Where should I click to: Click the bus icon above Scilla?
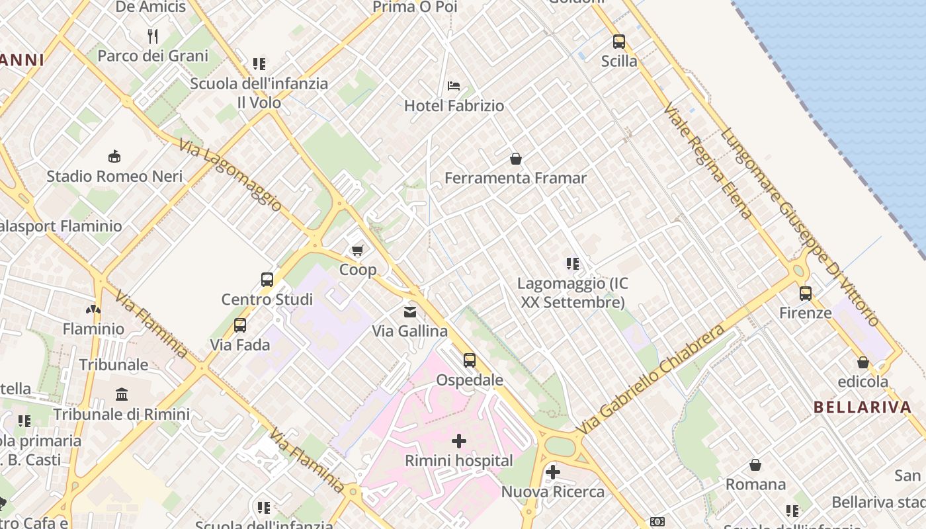coord(619,42)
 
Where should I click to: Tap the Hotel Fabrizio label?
coord(454,106)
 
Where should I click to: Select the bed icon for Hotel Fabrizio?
coord(454,86)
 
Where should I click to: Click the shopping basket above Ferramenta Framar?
coord(516,159)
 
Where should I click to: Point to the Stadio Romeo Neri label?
coord(114,177)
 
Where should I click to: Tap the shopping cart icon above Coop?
coord(358,250)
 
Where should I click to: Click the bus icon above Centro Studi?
coord(267,280)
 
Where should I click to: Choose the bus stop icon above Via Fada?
coord(240,325)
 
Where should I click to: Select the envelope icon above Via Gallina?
coord(410,311)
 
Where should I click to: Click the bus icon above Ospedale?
coord(470,360)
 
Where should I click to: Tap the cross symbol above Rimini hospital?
coord(459,441)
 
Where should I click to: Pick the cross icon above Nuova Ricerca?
coord(553,472)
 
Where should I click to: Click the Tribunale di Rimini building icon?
coord(122,395)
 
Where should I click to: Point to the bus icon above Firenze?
coord(806,294)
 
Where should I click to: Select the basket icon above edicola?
coord(863,362)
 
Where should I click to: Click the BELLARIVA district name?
coord(863,407)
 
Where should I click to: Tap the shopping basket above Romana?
coord(755,465)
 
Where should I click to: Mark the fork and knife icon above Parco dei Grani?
coord(153,36)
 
